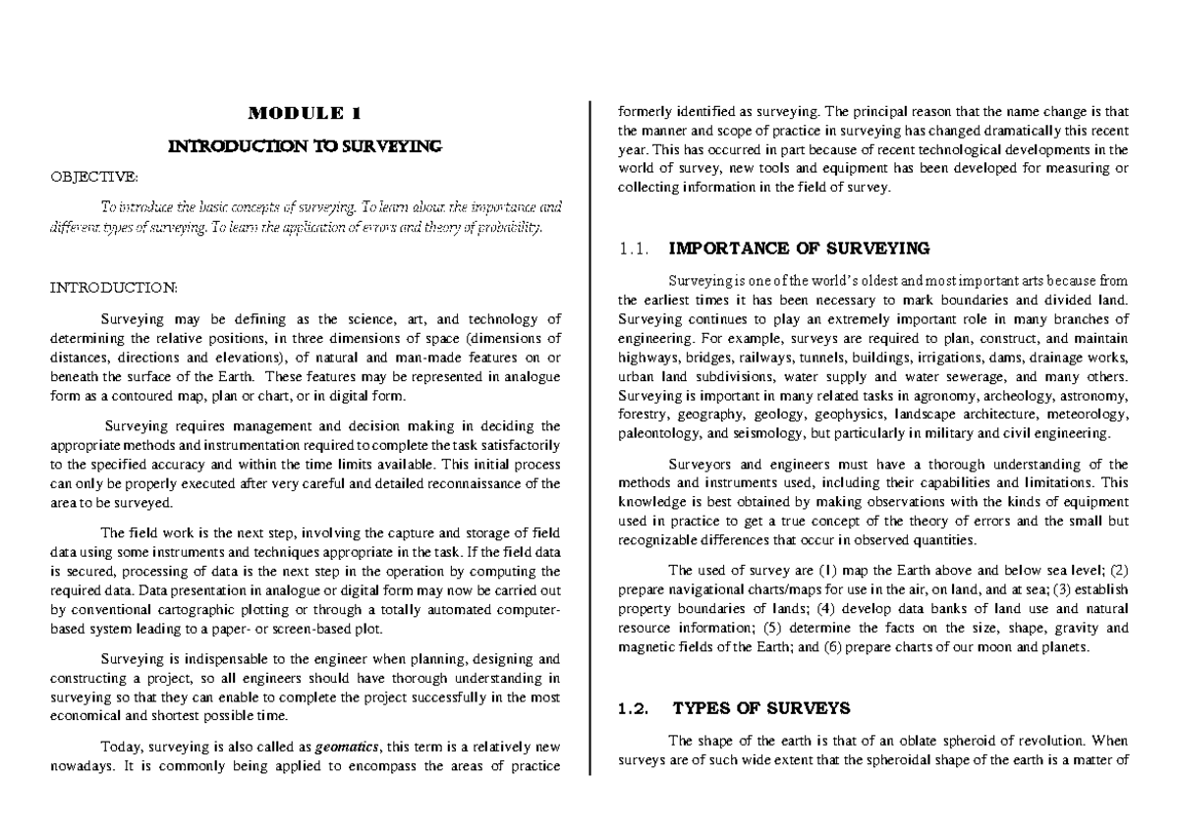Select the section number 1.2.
coord(636,707)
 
